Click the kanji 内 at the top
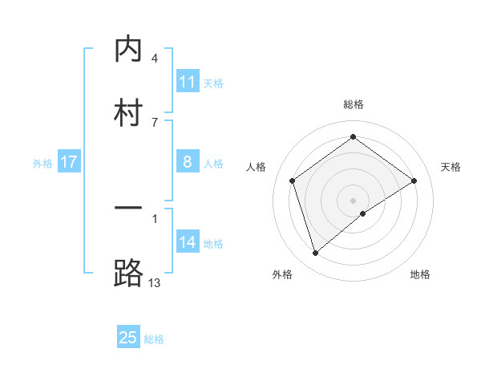pos(128,50)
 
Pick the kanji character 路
pos(128,273)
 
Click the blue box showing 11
pos(188,82)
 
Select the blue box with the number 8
pos(188,162)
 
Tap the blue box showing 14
pos(188,242)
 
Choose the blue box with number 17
pos(69,162)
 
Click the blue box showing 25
pos(128,338)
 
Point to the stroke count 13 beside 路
pos(155,282)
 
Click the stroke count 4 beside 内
pos(155,59)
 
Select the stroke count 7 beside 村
pos(155,122)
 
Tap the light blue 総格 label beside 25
pos(154,339)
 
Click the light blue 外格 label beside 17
pos(42,164)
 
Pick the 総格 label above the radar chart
pos(354,104)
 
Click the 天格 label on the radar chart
pos(451,167)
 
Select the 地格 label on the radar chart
pos(420,274)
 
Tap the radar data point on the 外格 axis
pos(316,253)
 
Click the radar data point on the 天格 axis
pos(414,180)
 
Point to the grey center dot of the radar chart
pos(354,200)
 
